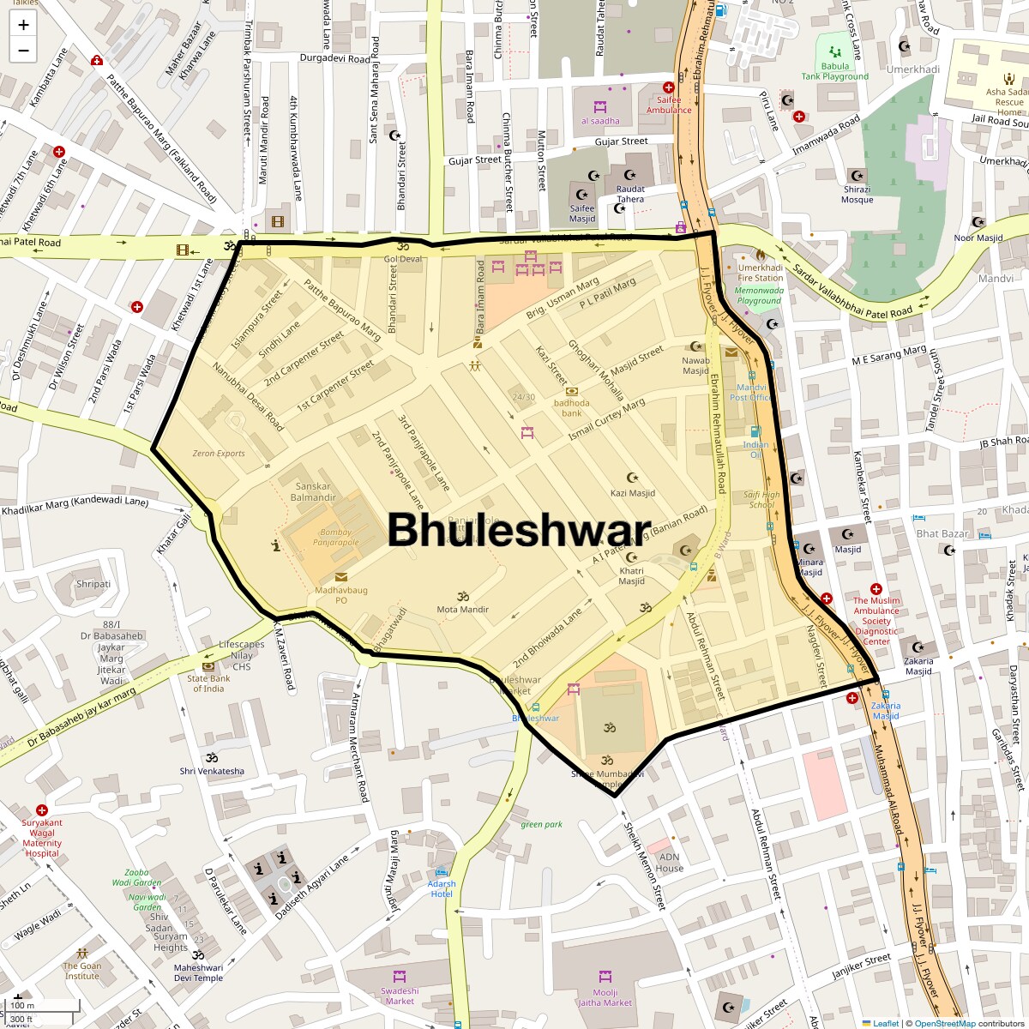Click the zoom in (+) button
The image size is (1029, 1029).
pos(23,25)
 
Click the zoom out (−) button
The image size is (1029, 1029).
pos(23,50)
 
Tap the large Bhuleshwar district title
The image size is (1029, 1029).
pos(519,530)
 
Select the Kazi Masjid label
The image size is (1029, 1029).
pos(633,493)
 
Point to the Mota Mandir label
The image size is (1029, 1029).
pos(463,610)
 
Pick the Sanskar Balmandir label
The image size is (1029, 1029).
pos(313,492)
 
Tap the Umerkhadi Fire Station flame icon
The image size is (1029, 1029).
pos(760,255)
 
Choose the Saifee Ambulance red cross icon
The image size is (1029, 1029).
pos(669,87)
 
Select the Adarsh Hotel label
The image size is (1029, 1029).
pos(442,889)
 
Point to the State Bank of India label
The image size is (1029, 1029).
pos(208,683)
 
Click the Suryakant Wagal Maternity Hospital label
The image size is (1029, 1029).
pos(42,838)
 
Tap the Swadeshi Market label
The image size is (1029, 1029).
pos(400,996)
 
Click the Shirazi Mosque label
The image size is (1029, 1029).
pos(857,195)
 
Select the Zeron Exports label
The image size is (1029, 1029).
pos(219,454)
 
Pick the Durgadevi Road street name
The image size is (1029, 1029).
pos(334,59)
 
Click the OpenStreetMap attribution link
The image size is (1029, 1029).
pos(944,1023)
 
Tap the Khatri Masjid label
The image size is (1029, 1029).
pos(632,575)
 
